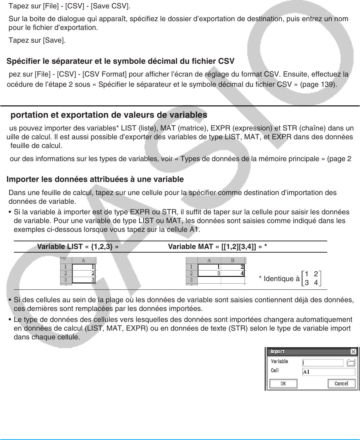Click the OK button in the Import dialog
pos(283,383)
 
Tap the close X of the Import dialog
pos(353,352)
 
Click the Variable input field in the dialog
pos(323,363)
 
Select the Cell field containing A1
pos(328,372)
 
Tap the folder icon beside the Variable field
pos(351,363)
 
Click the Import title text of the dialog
pos(278,352)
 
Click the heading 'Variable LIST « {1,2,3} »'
pos(78,247)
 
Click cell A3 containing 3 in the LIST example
pos(84,280)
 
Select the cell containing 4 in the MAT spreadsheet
pos(232,273)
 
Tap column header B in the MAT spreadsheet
pos(232,261)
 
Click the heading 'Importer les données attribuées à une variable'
pos(95,179)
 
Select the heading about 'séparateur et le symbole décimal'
pos(120,61)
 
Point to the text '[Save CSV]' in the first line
pos(111,7)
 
